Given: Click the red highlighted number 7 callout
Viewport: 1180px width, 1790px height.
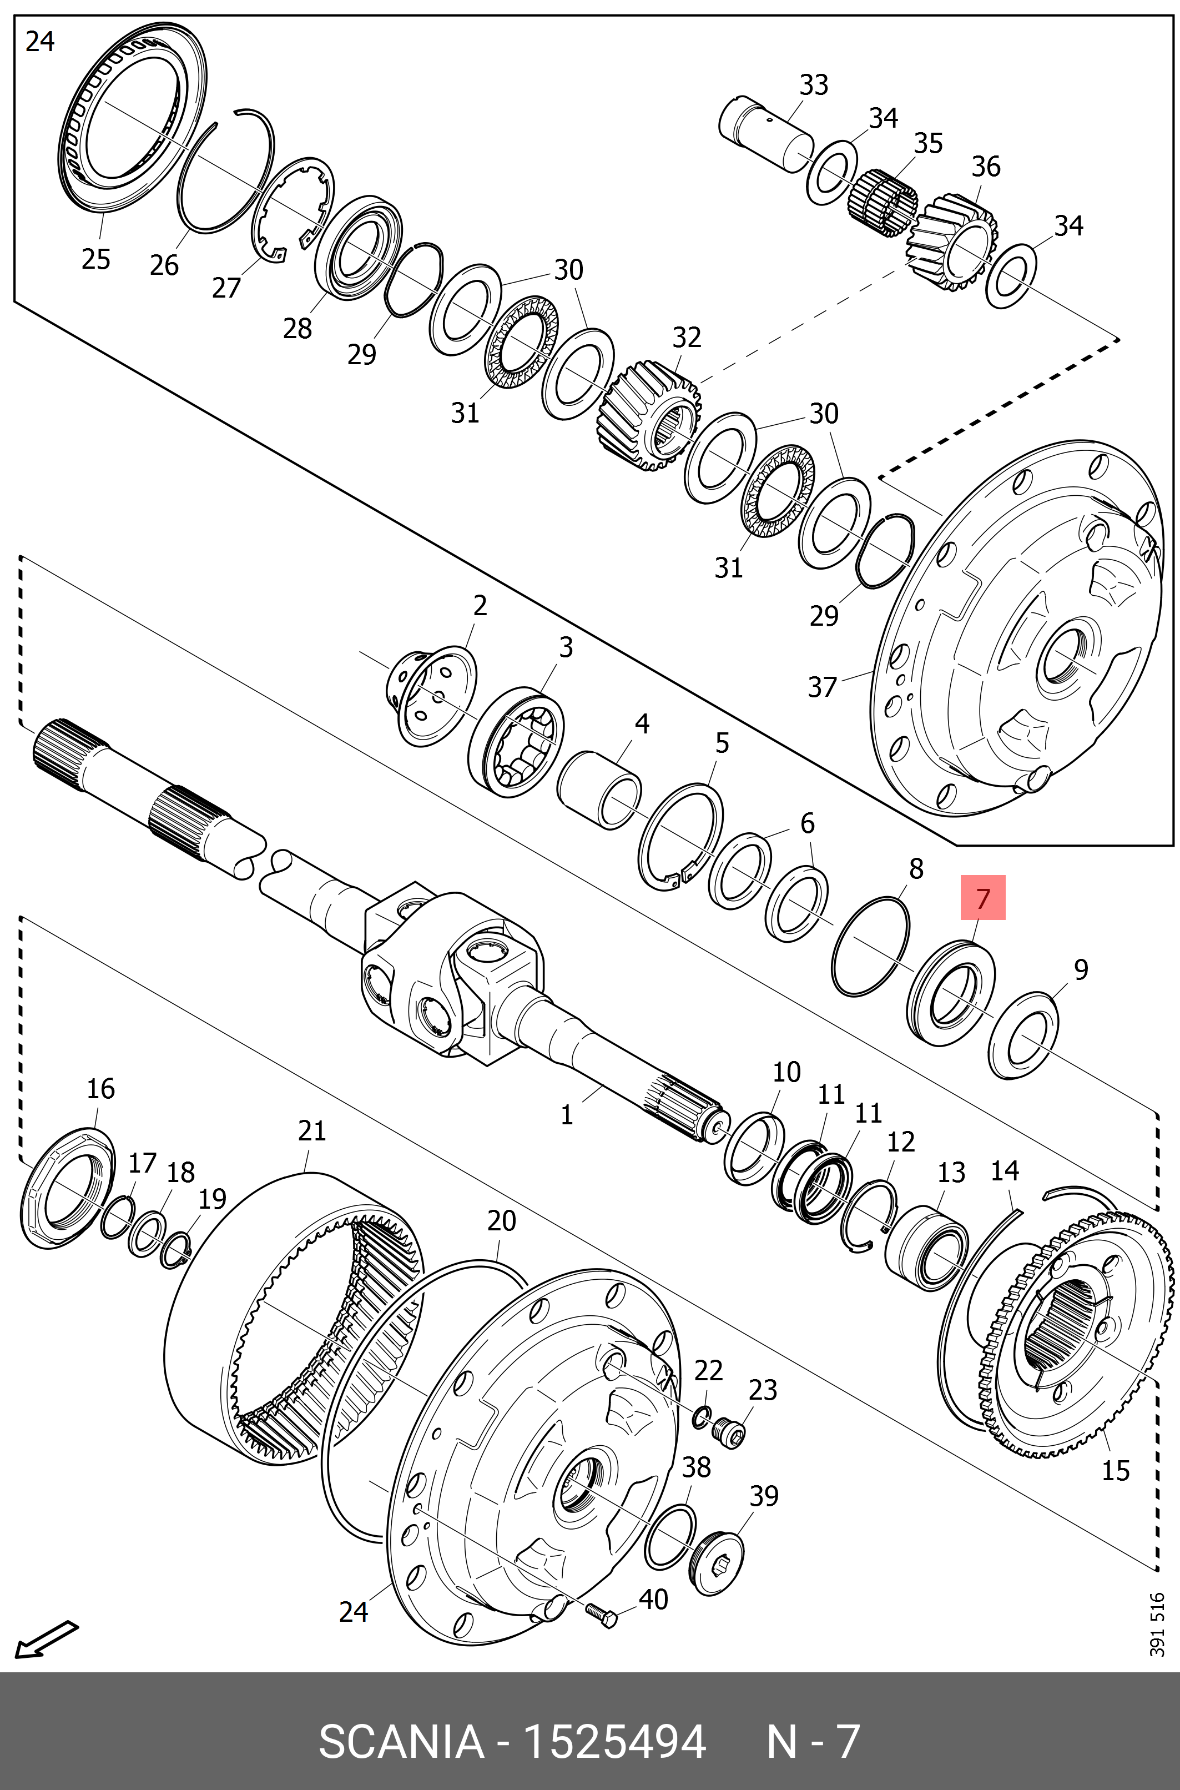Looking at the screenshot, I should (982, 897).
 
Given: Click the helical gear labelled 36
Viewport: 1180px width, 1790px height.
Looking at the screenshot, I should (952, 243).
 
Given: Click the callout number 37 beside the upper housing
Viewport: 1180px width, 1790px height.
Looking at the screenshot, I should (822, 686).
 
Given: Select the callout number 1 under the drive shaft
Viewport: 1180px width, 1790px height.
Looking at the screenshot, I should (567, 1114).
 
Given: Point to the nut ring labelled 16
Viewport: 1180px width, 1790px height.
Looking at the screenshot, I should (65, 1187).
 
